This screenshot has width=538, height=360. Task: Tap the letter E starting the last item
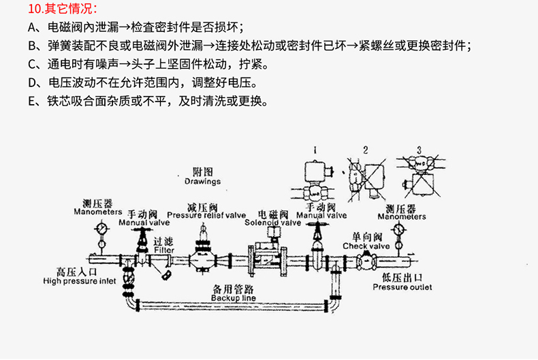point(32,103)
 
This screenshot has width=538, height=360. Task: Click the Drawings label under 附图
point(203,182)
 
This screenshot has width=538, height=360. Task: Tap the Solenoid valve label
point(272,222)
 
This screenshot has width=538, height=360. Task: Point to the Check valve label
point(366,246)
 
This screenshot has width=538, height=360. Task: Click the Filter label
point(164,250)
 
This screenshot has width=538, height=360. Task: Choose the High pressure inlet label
point(80,280)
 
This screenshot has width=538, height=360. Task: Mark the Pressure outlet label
point(402,287)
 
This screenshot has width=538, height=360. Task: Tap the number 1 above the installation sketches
point(315,148)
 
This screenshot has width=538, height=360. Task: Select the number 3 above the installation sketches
point(419,149)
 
